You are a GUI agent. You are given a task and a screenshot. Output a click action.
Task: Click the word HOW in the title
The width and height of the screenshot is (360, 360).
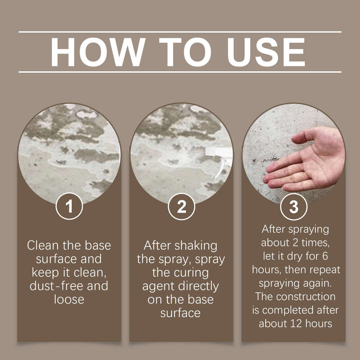[98, 52]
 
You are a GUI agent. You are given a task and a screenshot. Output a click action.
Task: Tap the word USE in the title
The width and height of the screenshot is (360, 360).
[266, 52]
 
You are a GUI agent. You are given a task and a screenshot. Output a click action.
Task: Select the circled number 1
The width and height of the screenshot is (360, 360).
[69, 206]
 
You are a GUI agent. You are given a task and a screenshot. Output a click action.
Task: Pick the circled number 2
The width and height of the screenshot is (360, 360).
[181, 206]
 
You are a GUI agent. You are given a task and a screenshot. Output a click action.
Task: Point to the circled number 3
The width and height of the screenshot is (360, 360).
[294, 206]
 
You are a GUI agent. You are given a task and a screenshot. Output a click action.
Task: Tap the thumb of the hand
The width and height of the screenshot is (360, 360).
[303, 137]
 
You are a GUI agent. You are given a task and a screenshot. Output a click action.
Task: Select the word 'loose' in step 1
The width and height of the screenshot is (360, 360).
[69, 300]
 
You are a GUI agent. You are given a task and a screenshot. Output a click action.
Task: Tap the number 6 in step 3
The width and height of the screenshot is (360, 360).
[325, 256]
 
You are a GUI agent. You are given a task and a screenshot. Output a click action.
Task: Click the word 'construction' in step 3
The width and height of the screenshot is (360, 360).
[306, 297]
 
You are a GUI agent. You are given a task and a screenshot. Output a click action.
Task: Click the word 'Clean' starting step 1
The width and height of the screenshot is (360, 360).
[43, 245]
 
